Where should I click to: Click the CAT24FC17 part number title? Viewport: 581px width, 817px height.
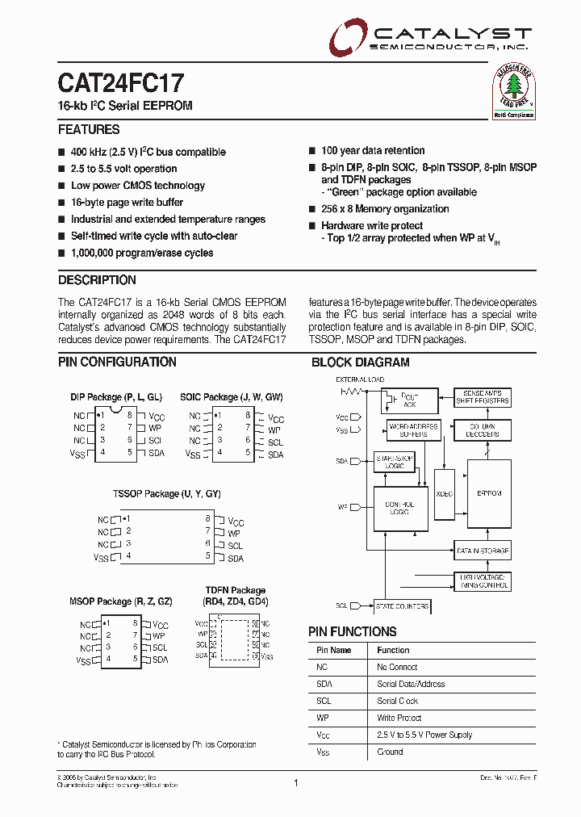[x=121, y=83]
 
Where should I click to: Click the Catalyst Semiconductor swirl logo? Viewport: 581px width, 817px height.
[x=347, y=36]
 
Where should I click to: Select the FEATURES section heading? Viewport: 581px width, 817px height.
[x=89, y=129]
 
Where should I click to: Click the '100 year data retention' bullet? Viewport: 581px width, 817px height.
[x=373, y=151]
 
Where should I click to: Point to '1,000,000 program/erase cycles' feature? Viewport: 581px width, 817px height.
[x=142, y=253]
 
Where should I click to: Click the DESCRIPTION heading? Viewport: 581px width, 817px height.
[x=97, y=280]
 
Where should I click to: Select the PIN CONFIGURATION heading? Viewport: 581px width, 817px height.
[x=117, y=362]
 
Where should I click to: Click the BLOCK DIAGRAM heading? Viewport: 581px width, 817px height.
[x=360, y=362]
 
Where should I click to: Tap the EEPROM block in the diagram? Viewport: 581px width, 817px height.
[x=489, y=493]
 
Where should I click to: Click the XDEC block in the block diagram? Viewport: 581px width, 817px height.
[x=444, y=493]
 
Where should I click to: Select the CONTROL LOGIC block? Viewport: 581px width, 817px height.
[x=400, y=509]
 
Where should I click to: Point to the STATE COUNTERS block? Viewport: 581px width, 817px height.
[x=402, y=606]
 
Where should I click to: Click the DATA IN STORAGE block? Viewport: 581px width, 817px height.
[x=483, y=551]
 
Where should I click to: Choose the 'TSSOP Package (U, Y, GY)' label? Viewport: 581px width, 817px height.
[x=166, y=493]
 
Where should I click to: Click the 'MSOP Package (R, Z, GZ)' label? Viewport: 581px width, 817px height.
[x=121, y=601]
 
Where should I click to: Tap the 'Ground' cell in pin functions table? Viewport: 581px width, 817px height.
[x=390, y=752]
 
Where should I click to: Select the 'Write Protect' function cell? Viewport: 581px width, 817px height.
[x=399, y=718]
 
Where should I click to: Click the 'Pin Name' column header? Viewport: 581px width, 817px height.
[x=333, y=650]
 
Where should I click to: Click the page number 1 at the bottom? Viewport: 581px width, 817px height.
[x=296, y=782]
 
